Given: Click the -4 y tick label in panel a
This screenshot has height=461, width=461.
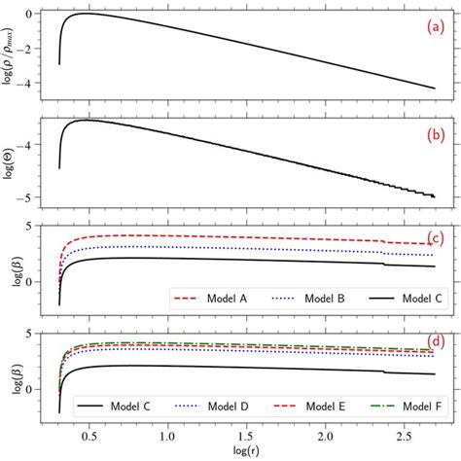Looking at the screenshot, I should tap(32, 86).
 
